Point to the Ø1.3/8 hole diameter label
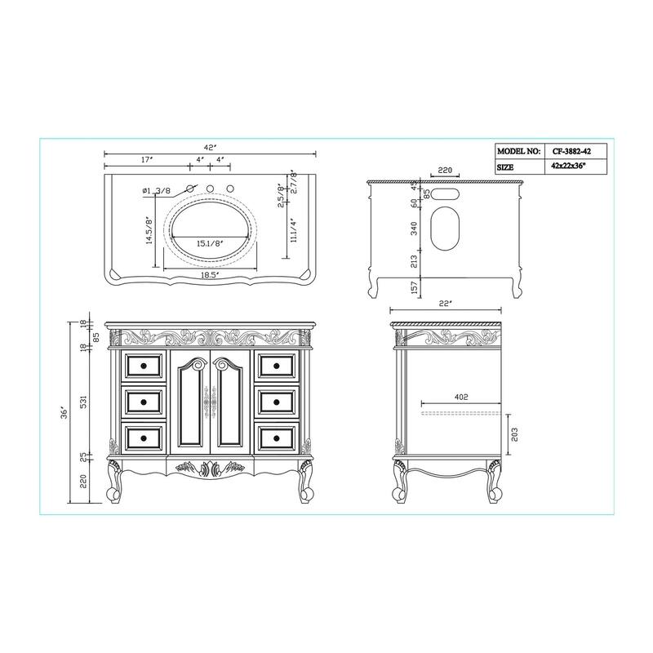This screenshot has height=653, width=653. pyautogui.click(x=156, y=191)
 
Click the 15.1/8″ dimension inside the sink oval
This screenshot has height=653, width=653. pyautogui.click(x=210, y=242)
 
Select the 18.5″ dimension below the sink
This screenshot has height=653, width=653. pyautogui.click(x=210, y=276)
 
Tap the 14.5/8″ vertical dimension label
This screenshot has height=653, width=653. pyautogui.click(x=149, y=231)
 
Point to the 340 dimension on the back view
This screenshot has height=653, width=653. pyautogui.click(x=415, y=229)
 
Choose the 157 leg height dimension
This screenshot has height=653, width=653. pyautogui.click(x=415, y=287)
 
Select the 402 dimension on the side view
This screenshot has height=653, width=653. pyautogui.click(x=461, y=398)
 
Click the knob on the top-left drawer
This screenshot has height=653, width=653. pyautogui.click(x=143, y=365)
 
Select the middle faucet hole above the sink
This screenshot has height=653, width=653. pyautogui.click(x=210, y=190)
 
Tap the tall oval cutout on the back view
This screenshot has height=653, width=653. pyautogui.click(x=446, y=229)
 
